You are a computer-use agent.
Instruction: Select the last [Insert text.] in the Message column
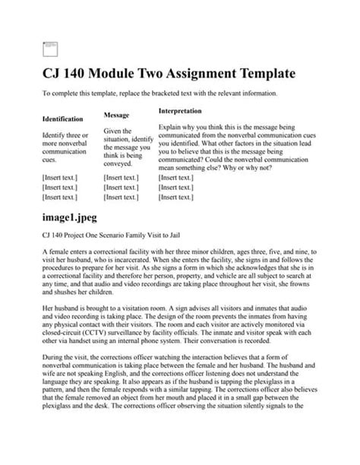(x=122, y=197)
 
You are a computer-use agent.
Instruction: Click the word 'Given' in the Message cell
(x=113, y=131)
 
